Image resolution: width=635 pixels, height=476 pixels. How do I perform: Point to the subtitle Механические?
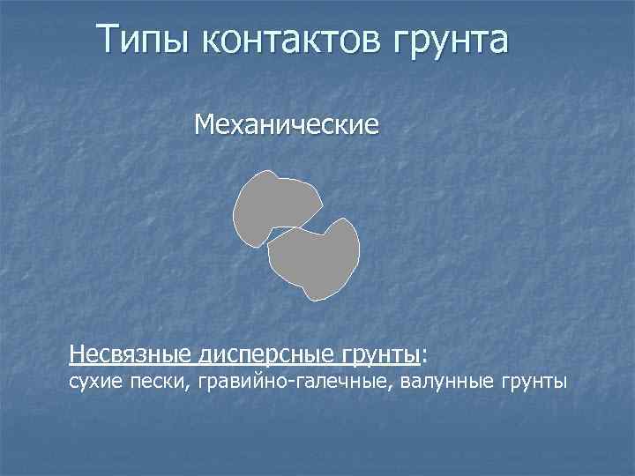point(288,125)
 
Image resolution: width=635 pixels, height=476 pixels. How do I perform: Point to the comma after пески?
point(190,388)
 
